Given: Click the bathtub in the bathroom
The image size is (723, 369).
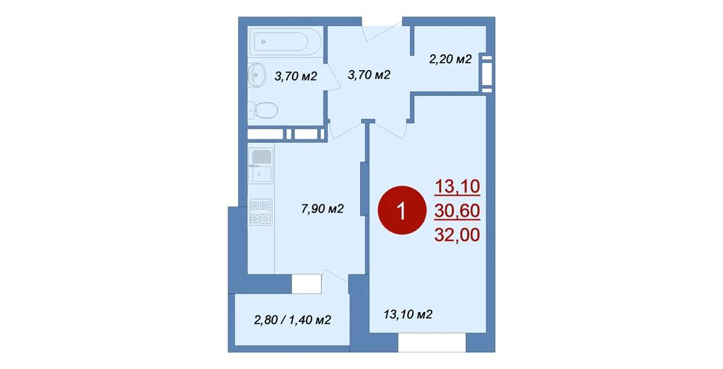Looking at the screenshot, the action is pyautogui.click(x=281, y=42).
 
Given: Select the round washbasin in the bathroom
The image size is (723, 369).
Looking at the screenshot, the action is pyautogui.click(x=255, y=74).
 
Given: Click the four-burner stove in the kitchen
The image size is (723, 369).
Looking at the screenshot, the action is pyautogui.click(x=261, y=212).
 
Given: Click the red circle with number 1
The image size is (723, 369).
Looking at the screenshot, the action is pyautogui.click(x=401, y=210).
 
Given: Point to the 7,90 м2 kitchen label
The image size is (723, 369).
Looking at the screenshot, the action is pyautogui.click(x=322, y=209).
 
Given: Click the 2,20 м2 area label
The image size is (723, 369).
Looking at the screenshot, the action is pyautogui.click(x=450, y=59).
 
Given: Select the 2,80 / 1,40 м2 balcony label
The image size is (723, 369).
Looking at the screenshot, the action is pyautogui.click(x=293, y=320).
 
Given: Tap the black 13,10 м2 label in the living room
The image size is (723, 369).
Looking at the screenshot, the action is pyautogui.click(x=408, y=315).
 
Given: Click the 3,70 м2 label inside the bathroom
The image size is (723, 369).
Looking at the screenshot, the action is pyautogui.click(x=296, y=76).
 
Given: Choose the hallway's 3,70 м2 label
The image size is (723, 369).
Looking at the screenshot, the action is pyautogui.click(x=369, y=74).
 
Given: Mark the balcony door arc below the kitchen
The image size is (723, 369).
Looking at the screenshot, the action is pyautogui.click(x=335, y=276).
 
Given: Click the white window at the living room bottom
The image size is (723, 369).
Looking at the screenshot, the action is pyautogui.click(x=432, y=343).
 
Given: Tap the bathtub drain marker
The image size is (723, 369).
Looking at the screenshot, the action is pyautogui.click(x=263, y=42).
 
